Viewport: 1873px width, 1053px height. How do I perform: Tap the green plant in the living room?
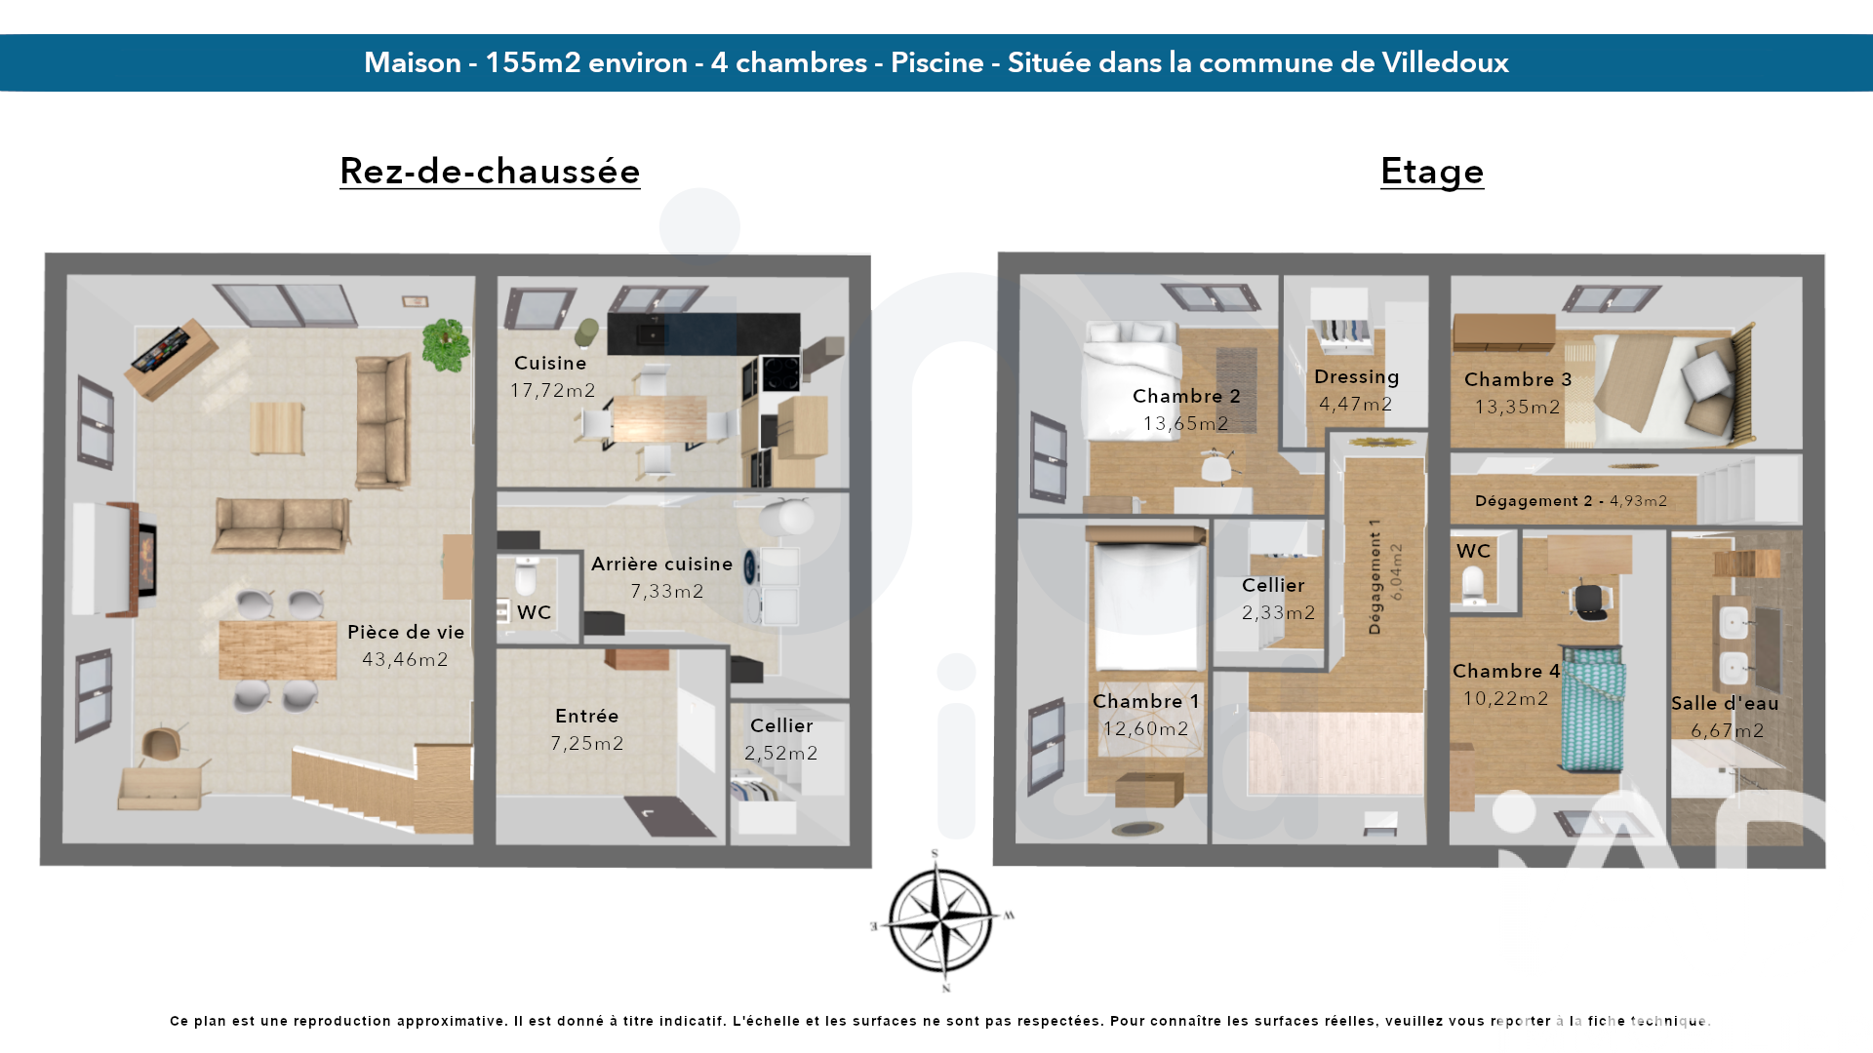tap(447, 344)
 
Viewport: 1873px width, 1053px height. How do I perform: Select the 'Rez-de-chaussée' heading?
tap(490, 171)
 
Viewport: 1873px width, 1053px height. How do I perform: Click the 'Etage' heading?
tap(1432, 172)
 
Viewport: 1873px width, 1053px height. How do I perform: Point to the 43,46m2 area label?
tap(406, 659)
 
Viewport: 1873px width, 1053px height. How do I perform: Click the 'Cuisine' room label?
tap(550, 363)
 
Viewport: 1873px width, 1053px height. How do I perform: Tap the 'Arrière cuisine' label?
tap(662, 564)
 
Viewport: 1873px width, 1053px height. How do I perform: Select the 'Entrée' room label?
tap(587, 716)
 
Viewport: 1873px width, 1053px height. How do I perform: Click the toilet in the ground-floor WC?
tap(526, 576)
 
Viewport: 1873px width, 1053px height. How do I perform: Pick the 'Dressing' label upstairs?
tap(1357, 377)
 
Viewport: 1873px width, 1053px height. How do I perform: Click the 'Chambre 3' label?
tap(1518, 379)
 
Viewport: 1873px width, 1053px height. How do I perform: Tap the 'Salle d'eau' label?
tap(1725, 703)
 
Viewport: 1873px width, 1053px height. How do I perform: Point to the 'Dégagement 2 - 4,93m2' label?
tap(1571, 501)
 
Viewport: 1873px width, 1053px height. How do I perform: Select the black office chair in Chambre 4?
tap(1590, 601)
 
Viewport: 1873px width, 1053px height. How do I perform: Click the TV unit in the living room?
tap(171, 358)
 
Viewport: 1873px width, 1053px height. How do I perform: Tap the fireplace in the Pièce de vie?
tap(134, 559)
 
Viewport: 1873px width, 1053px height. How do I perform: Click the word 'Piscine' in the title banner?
tap(937, 62)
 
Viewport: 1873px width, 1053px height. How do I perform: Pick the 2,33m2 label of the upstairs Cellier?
tap(1279, 612)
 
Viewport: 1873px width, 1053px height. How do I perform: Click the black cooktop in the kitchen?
tap(780, 372)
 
